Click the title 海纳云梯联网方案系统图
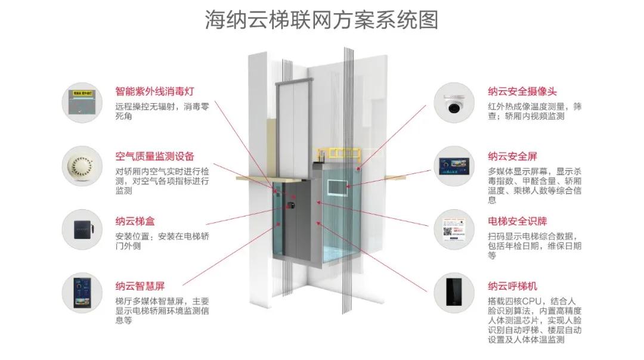point(321,20)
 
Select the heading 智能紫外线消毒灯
point(154,92)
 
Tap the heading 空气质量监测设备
point(154,156)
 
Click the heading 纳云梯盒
point(135,221)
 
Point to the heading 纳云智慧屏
point(140,285)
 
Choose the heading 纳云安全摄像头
point(522,92)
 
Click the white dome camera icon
point(457,103)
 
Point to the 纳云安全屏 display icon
point(457,166)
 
